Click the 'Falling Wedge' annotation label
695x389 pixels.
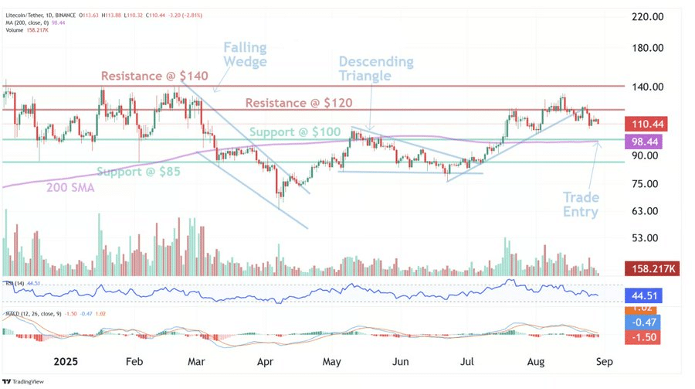(x=246, y=54)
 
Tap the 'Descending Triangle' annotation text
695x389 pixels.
(x=376, y=68)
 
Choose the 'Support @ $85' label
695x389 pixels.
(x=138, y=171)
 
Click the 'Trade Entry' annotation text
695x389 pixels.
(x=580, y=204)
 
